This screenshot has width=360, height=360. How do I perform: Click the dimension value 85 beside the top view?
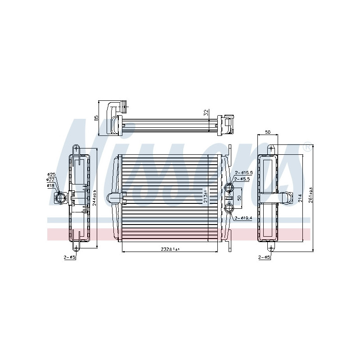[96, 118]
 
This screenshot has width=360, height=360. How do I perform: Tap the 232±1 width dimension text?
[171, 249]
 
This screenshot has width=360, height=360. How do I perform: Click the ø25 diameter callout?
[51, 174]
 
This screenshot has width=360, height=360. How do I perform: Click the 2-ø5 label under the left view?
[70, 257]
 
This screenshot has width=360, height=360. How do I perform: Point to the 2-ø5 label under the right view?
[264, 257]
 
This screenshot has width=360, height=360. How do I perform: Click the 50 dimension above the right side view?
[267, 132]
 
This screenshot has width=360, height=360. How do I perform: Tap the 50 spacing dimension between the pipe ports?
[239, 198]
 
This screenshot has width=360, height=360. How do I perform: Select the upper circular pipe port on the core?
[229, 186]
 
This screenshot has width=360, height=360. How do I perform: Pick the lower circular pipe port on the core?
[229, 207]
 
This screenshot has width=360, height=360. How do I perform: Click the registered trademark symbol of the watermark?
[306, 147]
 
